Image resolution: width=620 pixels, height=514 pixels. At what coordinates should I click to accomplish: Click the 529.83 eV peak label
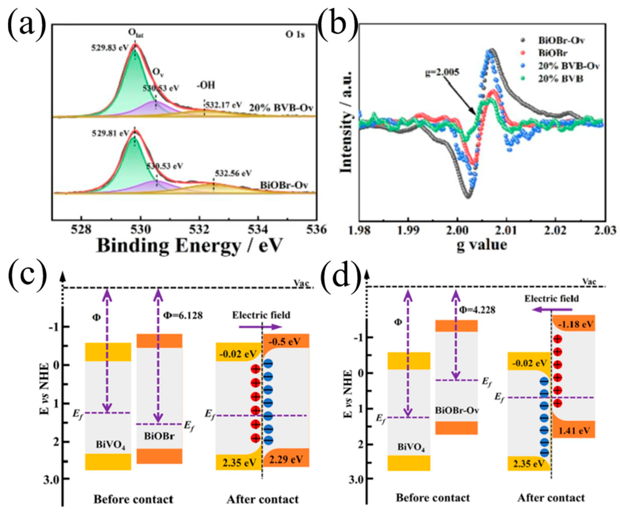[x=110, y=48]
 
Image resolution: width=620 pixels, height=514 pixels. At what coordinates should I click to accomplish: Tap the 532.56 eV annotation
[x=233, y=173]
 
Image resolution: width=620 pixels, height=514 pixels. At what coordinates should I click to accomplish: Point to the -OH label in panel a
[x=206, y=85]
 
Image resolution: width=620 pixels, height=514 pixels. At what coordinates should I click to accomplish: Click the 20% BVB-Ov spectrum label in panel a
[x=281, y=108]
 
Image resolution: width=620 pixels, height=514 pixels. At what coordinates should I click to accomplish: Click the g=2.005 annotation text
[x=442, y=72]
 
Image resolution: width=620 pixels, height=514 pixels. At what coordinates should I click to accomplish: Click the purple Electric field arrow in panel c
[x=260, y=327]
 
